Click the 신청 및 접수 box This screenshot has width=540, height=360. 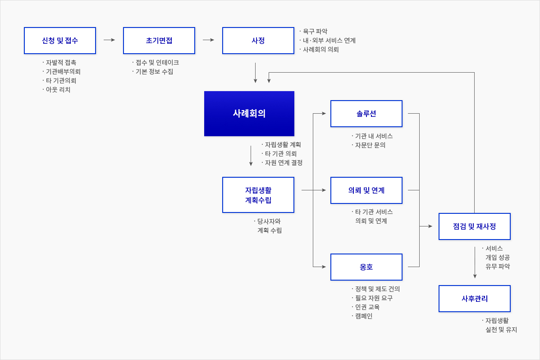[60, 41]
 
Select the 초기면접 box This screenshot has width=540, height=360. [159, 41]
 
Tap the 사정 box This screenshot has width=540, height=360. [258, 41]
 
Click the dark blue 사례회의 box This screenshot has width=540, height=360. [249, 114]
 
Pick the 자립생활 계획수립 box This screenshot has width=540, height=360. [258, 195]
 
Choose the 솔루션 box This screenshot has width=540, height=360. [366, 114]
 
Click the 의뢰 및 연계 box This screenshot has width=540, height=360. [366, 190]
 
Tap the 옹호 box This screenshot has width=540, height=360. [366, 267]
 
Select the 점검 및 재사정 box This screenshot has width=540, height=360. [475, 226]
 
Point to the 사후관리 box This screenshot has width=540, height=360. [475, 299]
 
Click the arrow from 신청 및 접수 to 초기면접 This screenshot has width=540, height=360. [110, 40]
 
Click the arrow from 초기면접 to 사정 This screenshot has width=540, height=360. [209, 40]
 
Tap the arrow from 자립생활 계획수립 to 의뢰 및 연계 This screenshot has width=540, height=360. [314, 190]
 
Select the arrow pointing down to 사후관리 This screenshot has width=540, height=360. [475, 263]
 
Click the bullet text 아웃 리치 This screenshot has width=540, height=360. [58, 90]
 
